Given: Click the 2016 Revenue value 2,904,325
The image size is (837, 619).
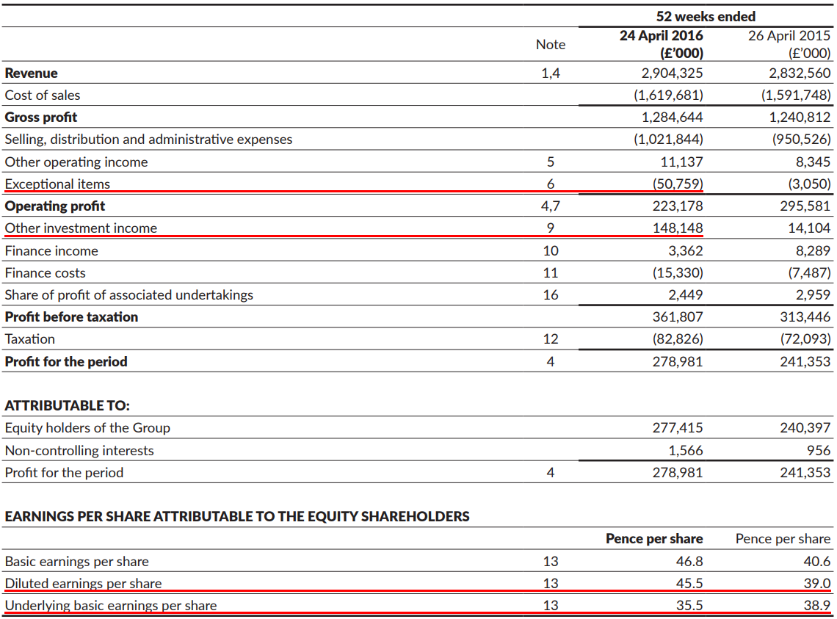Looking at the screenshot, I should tap(672, 73).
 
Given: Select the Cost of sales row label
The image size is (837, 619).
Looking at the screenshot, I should tap(43, 95).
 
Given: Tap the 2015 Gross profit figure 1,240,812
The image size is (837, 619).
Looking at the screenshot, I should tap(800, 117).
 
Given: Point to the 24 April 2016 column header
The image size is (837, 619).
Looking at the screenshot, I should tap(661, 35).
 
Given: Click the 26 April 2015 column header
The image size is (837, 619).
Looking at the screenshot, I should tap(789, 35).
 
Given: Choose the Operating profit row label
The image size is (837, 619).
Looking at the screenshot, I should tap(55, 206).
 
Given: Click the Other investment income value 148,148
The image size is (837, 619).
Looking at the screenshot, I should tap(678, 228).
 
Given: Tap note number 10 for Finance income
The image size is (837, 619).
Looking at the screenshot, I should tap(550, 250).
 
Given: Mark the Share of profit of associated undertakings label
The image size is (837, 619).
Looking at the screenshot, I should tap(129, 294).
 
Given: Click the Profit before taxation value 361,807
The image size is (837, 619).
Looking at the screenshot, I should tap(678, 316).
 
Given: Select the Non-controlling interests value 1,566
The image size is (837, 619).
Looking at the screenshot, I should tap(685, 450).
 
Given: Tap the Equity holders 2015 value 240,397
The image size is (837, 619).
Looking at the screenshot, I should tap(805, 427).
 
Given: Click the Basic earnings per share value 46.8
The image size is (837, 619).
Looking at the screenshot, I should tap(689, 561).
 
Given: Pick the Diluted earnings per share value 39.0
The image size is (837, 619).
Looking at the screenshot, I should tap(817, 583).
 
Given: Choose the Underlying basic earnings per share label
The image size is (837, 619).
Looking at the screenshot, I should tap(111, 605).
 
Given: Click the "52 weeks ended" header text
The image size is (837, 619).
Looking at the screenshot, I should tap(706, 16).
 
